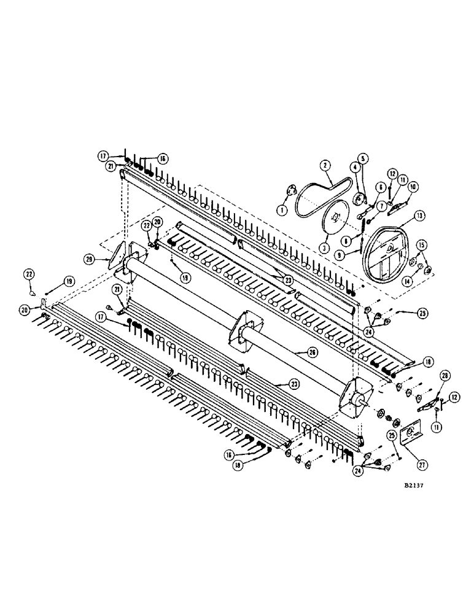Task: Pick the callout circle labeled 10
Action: click(413, 186)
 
